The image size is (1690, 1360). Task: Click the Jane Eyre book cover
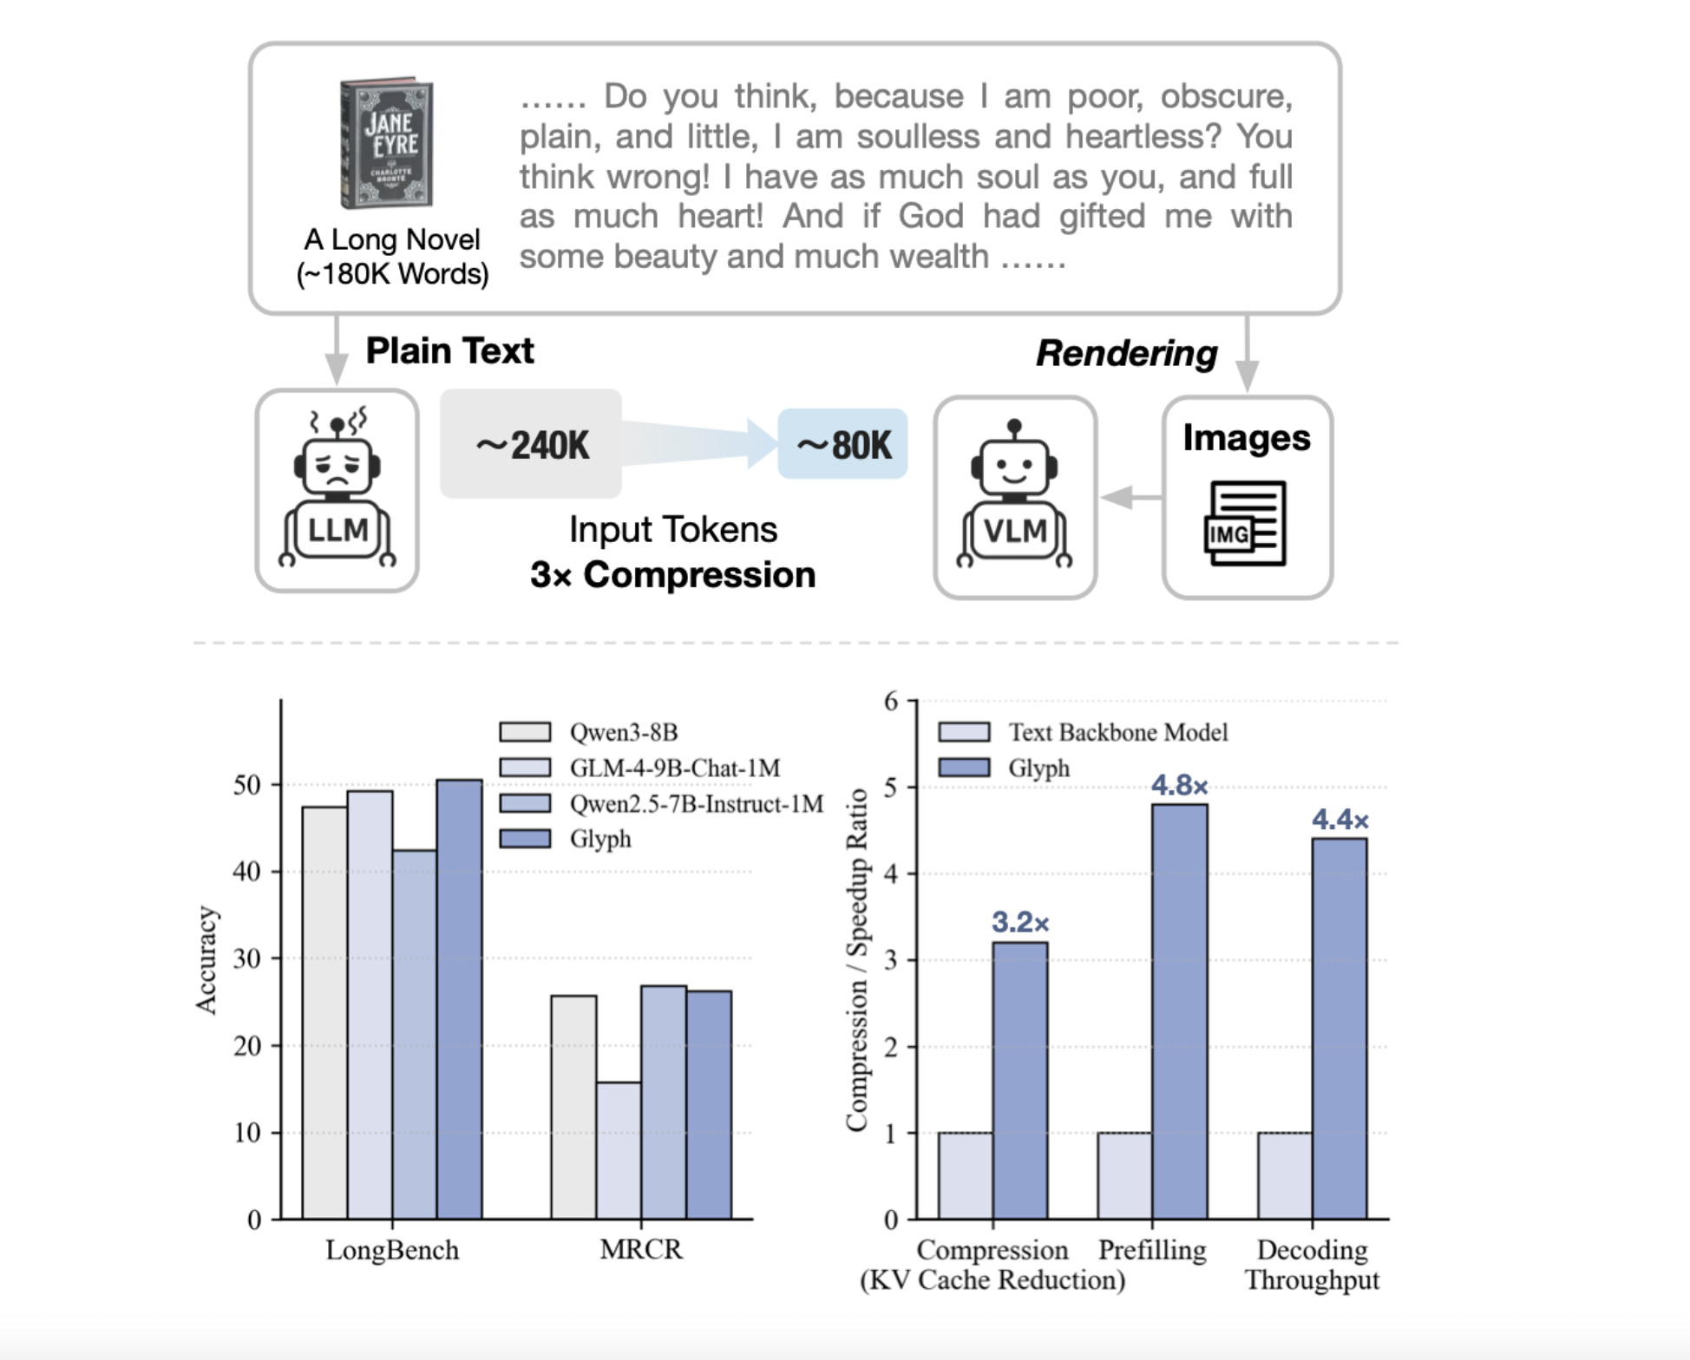(387, 143)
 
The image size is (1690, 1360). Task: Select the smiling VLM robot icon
(1014, 495)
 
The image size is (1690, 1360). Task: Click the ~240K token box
(531, 445)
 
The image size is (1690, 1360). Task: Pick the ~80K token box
(842, 445)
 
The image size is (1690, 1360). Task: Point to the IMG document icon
(1245, 523)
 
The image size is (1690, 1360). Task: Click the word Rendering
(1126, 353)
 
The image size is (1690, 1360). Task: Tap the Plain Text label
(449, 350)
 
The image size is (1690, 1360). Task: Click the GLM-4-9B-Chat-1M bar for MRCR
(619, 1150)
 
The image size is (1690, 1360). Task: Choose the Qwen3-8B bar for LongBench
(324, 1012)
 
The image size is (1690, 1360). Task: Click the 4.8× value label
(1179, 786)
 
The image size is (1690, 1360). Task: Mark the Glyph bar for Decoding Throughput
(1339, 1029)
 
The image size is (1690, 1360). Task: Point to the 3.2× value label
(1020, 923)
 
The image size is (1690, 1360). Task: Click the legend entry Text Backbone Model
(1117, 732)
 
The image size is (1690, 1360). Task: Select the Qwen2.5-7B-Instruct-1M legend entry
(696, 804)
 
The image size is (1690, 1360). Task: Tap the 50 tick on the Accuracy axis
(247, 785)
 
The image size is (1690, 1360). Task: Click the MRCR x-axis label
(641, 1250)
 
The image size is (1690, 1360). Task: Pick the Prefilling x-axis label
(1152, 1250)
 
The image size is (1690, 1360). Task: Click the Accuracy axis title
(206, 959)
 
